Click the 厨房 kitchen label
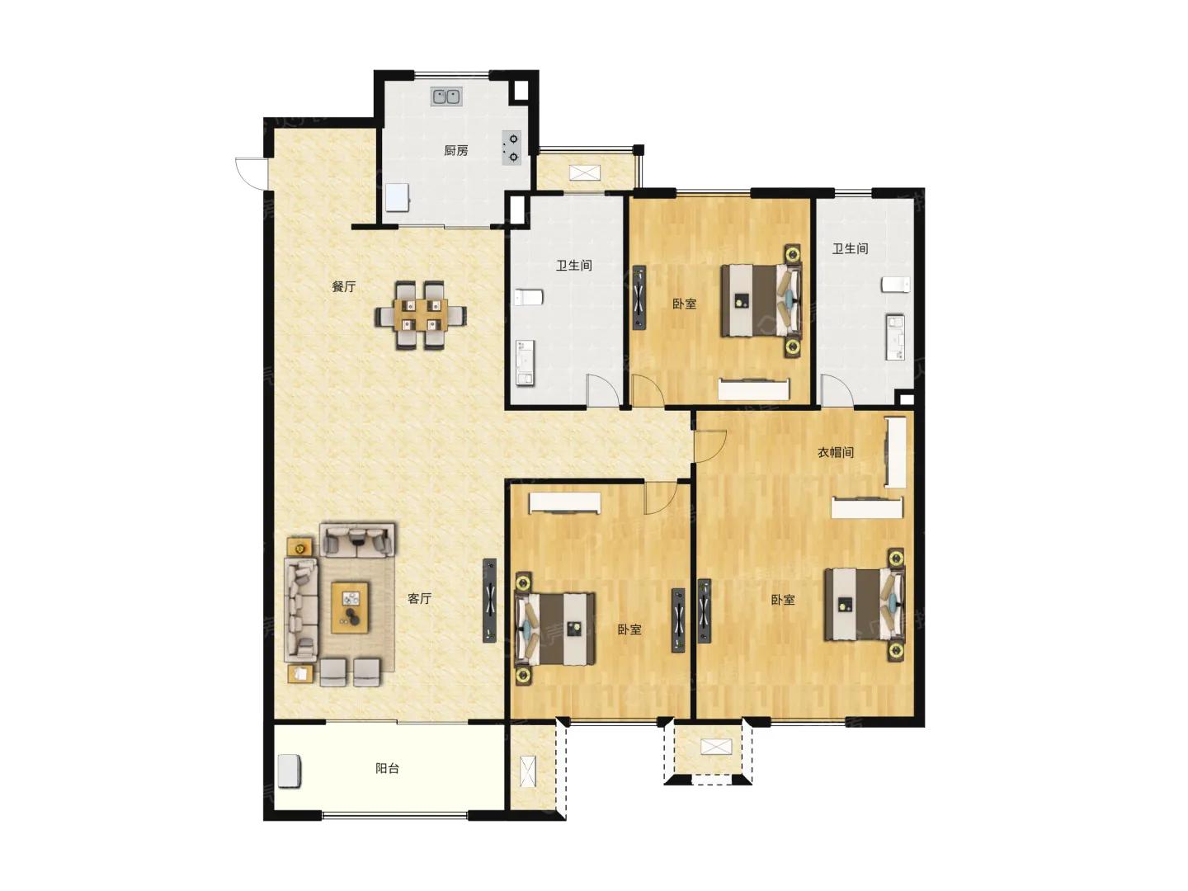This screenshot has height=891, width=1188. (455, 150)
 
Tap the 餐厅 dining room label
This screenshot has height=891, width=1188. (344, 286)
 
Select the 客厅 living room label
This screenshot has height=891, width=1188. (419, 598)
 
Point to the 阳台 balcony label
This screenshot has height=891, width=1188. (388, 768)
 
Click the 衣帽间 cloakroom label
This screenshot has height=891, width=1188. (836, 452)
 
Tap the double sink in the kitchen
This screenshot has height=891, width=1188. (446, 97)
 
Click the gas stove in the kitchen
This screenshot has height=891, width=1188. (511, 148)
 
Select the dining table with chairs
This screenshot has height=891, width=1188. (421, 315)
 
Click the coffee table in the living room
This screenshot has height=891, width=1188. (351, 607)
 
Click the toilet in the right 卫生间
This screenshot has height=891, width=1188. (895, 285)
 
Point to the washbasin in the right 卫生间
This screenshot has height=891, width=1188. (895, 337)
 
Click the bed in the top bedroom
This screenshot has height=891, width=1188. (761, 300)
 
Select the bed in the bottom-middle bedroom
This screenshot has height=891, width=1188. (554, 629)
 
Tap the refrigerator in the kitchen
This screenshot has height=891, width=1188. (398, 197)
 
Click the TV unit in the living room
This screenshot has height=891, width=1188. (489, 601)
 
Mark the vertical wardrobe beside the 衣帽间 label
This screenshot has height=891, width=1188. (895, 452)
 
